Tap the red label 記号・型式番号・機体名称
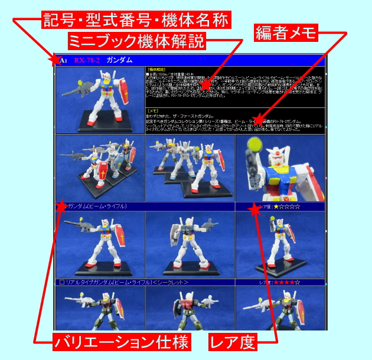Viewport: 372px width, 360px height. pos(136,21)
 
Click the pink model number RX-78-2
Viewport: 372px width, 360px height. pos(87,60)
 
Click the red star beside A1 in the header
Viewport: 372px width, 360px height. pos(55,60)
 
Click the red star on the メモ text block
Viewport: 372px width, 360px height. pos(257,120)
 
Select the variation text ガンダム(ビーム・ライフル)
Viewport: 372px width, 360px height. pos(97,207)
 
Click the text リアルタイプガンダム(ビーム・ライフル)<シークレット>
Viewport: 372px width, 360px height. pos(124,283)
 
